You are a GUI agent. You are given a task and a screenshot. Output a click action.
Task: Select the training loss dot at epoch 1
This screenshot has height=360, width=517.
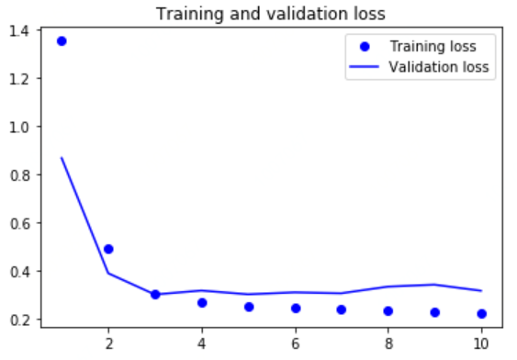pyautogui.click(x=62, y=41)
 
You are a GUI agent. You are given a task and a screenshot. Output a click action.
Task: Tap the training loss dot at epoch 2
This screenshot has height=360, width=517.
pyautogui.click(x=108, y=249)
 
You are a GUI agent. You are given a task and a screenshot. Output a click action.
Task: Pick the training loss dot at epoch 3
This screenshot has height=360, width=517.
pyautogui.click(x=155, y=295)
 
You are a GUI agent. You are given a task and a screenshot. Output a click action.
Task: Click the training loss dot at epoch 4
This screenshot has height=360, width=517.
pyautogui.click(x=202, y=302)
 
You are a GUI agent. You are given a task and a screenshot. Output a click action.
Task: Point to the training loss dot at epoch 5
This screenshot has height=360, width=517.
pyautogui.click(x=249, y=307)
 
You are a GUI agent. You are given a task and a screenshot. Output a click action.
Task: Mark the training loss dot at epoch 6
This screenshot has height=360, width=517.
pyautogui.click(x=296, y=308)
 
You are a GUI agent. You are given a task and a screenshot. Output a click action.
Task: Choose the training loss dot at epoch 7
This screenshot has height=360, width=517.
pyautogui.click(x=342, y=309)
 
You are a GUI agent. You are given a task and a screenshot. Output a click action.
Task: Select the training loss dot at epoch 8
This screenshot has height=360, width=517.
pyautogui.click(x=388, y=311)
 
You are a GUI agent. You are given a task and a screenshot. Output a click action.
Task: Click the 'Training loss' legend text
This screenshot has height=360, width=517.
pyautogui.click(x=432, y=46)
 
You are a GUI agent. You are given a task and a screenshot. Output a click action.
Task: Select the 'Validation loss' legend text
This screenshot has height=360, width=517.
pyautogui.click(x=438, y=67)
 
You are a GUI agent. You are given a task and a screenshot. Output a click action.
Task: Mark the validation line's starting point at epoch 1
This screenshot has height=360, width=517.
pyautogui.click(x=62, y=157)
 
